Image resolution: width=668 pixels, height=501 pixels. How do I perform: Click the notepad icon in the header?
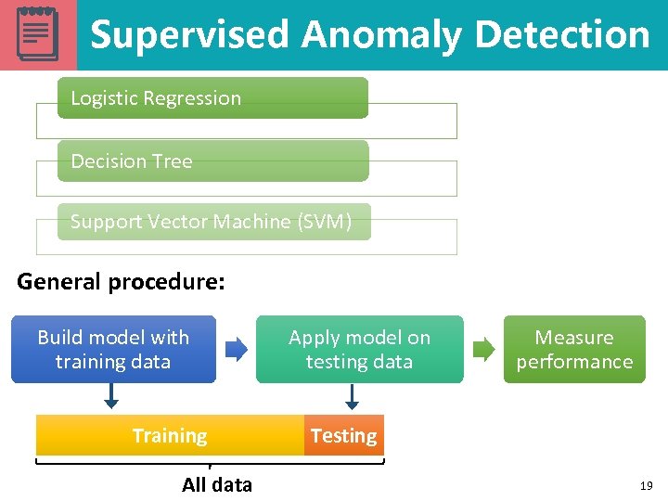[38, 34]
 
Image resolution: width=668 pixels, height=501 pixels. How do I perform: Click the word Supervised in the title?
[190, 35]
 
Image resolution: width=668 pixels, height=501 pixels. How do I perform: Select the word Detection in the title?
[562, 35]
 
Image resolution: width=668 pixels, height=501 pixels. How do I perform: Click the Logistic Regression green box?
[212, 98]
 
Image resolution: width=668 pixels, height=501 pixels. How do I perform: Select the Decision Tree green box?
[212, 161]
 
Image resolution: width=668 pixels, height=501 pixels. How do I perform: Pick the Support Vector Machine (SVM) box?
[213, 222]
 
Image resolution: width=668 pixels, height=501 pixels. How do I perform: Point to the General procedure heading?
[121, 281]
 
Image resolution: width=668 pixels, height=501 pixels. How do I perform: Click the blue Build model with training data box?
[113, 350]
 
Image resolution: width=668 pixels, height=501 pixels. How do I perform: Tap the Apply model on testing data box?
[359, 350]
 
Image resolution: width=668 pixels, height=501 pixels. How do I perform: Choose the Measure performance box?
[574, 350]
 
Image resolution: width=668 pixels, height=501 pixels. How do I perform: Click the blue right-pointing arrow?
[238, 350]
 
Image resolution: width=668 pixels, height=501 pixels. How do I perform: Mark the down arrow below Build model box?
[111, 397]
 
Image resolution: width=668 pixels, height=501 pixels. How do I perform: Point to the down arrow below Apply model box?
[352, 397]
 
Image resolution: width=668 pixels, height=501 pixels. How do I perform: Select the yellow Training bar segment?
[170, 435]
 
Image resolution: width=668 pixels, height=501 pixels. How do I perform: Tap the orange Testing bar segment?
[343, 435]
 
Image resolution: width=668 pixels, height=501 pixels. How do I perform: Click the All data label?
[217, 484]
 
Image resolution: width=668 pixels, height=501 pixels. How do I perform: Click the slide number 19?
[646, 485]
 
